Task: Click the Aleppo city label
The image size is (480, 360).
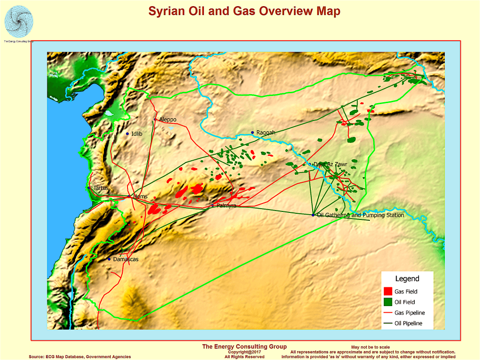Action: click(168, 120)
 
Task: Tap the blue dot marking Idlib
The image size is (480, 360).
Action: click(127, 134)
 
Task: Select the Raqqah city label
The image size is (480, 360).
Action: click(266, 133)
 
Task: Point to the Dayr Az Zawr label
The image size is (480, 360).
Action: click(330, 165)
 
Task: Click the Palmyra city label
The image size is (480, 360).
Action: click(226, 206)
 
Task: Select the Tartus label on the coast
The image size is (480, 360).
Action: click(100, 188)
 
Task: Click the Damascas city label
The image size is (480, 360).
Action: click(126, 259)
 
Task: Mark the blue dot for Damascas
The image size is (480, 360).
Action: click(109, 259)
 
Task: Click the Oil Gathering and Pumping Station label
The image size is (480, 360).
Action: click(360, 216)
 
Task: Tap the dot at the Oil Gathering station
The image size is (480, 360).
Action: click(313, 215)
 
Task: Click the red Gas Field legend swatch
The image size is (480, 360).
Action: click(388, 291)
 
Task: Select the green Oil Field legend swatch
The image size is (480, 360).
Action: click(388, 302)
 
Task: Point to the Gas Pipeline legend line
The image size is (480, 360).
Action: click(388, 313)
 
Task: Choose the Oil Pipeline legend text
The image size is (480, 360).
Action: click(408, 323)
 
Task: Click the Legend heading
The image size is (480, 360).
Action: click(407, 279)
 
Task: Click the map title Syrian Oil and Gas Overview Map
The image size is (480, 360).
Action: click(244, 12)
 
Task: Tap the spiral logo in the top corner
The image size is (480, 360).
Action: click(19, 21)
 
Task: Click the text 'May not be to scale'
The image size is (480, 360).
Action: click(370, 347)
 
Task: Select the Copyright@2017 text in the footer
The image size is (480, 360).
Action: click(244, 352)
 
